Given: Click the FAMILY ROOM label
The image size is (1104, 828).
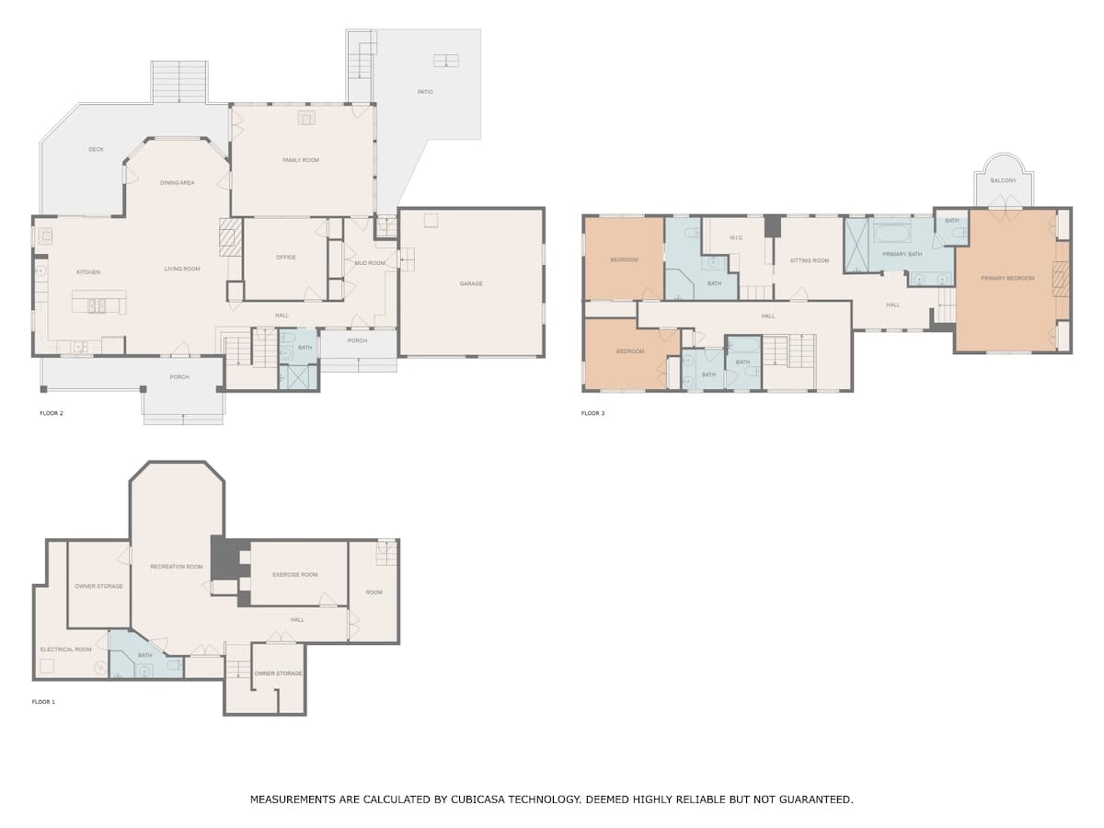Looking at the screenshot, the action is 301,160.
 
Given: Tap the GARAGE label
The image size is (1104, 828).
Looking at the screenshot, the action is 471,283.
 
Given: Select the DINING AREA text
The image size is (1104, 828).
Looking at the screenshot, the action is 177,182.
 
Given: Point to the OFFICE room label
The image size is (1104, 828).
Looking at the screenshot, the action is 286,257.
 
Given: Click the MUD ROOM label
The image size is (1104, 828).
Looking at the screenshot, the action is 370,263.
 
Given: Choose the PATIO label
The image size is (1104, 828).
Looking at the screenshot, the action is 425,91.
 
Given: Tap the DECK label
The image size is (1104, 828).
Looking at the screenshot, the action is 96,149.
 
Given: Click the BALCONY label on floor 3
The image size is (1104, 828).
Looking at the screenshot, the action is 1004,180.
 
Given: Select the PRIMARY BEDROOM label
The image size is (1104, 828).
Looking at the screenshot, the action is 1007,278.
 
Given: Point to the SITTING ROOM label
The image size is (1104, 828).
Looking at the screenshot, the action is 810,260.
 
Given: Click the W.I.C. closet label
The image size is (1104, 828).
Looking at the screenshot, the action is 736,237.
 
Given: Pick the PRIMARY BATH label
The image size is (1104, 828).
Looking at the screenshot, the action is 903,254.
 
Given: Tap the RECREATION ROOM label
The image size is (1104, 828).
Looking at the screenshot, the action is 177,567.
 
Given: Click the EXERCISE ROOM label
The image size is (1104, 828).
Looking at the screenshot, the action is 294,575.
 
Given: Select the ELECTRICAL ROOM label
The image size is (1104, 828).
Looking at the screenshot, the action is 66,650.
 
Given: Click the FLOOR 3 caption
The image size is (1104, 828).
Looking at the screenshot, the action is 593,413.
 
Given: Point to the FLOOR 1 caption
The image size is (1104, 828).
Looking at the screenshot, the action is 43,702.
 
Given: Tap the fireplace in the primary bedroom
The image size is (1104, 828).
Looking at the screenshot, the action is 1060,274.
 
